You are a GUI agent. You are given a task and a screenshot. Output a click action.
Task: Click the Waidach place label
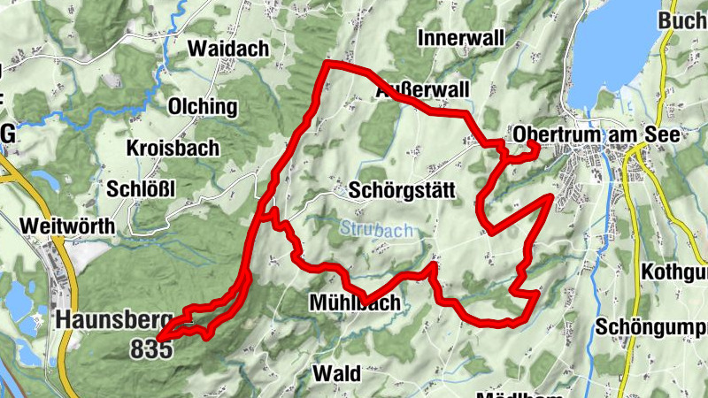pos(228,49)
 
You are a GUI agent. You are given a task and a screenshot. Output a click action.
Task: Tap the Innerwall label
pos(460,38)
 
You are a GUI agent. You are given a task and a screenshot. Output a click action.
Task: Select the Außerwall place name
pos(422,91)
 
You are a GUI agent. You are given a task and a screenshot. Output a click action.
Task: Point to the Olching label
pos(204,107)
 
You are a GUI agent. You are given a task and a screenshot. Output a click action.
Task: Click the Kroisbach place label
pos(173,148)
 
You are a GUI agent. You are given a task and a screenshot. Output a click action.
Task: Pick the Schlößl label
pos(142,188)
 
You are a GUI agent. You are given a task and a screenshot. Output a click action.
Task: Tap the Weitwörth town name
pos(71,226)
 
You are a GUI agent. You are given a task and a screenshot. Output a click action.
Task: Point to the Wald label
pos(336,374)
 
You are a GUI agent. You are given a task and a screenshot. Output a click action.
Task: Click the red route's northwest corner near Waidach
pos(327,65)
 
